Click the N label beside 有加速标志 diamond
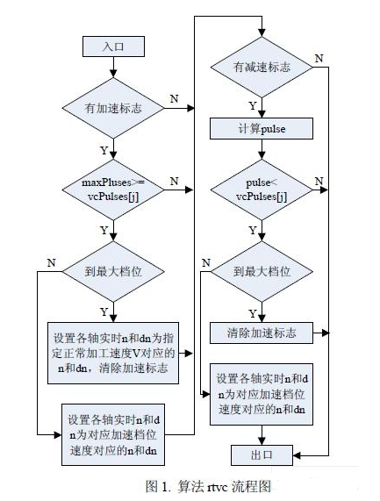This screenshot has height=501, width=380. (x=176, y=98)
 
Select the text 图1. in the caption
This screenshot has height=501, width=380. (x=158, y=485)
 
